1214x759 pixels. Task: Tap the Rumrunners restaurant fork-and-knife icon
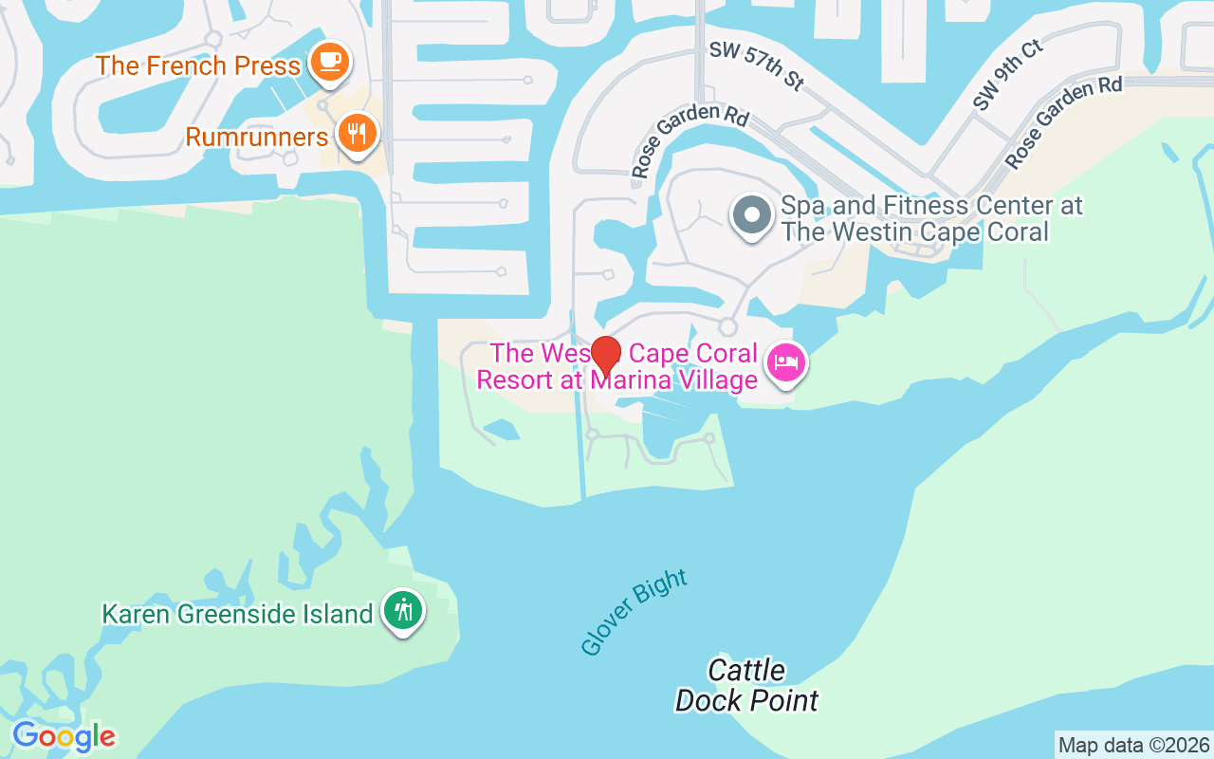(357, 134)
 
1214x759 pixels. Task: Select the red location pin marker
(606, 356)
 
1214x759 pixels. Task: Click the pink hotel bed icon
(786, 362)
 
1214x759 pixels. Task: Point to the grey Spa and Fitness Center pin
(751, 214)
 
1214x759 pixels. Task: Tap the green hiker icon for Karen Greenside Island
(404, 609)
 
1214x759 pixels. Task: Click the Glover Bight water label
(634, 612)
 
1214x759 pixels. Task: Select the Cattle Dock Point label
(746, 686)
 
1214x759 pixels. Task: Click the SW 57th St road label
(756, 65)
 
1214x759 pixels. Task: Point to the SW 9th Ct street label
(1007, 74)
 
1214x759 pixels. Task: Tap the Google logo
(64, 735)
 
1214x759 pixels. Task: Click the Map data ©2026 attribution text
(1133, 745)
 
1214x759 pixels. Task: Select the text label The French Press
(198, 65)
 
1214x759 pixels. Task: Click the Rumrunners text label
(256, 137)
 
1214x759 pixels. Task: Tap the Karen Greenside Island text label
(237, 614)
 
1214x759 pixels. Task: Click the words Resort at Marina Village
(616, 379)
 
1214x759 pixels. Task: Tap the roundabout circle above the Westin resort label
(727, 326)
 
